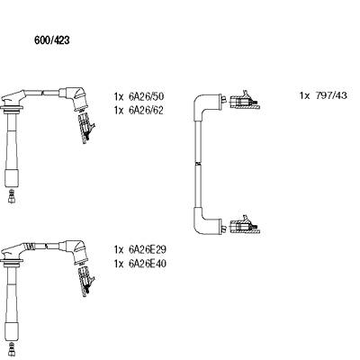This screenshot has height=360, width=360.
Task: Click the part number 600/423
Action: point(52,40)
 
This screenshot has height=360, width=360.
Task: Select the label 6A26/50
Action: point(147,96)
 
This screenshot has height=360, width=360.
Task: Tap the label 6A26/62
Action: point(146,111)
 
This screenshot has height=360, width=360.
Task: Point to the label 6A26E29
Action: point(148,249)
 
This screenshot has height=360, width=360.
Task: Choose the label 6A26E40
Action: point(148,264)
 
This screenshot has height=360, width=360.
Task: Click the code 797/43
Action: point(331,95)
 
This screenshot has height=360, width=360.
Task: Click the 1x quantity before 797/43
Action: point(304,95)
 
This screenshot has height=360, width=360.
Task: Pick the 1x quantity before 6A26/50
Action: point(119,96)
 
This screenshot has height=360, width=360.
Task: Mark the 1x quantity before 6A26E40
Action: point(119,264)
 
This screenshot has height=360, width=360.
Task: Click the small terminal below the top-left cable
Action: point(12,196)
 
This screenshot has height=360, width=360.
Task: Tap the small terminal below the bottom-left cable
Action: point(12,349)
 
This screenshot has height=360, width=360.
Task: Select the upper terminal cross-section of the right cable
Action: point(244,100)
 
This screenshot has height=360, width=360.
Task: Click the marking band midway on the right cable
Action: point(198,164)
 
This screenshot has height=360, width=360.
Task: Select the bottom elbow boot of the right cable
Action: point(207,223)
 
